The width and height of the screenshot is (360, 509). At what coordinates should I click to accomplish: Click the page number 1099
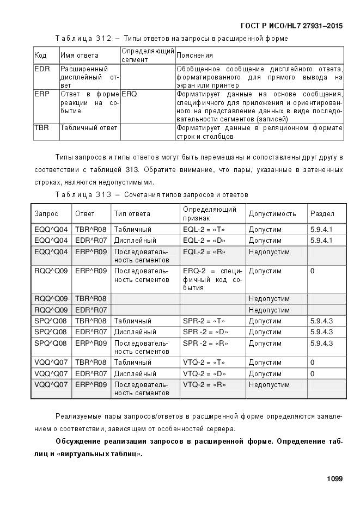coord(334,479)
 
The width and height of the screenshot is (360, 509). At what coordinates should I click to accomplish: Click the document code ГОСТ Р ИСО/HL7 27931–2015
coord(291,26)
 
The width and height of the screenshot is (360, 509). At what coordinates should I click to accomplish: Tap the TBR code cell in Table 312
coord(42,128)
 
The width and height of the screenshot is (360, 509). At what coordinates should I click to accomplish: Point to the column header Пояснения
coord(194,56)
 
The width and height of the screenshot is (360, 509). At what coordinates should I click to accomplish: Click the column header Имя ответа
coord(79,56)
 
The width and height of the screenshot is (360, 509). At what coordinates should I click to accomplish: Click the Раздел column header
coord(322,214)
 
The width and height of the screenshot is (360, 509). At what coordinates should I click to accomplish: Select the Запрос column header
coord(46,214)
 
